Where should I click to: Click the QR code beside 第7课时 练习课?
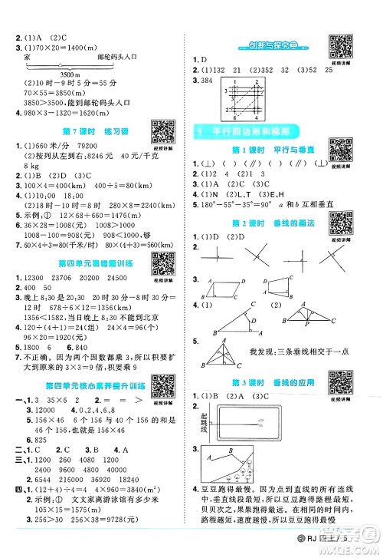162,130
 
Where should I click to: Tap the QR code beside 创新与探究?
338,44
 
